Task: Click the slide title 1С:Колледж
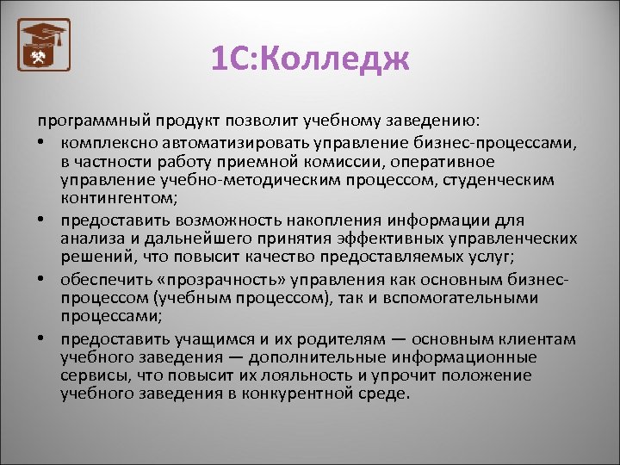(x=309, y=59)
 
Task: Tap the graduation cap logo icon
(x=44, y=46)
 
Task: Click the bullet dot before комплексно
(x=42, y=142)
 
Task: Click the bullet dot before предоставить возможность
(x=42, y=220)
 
